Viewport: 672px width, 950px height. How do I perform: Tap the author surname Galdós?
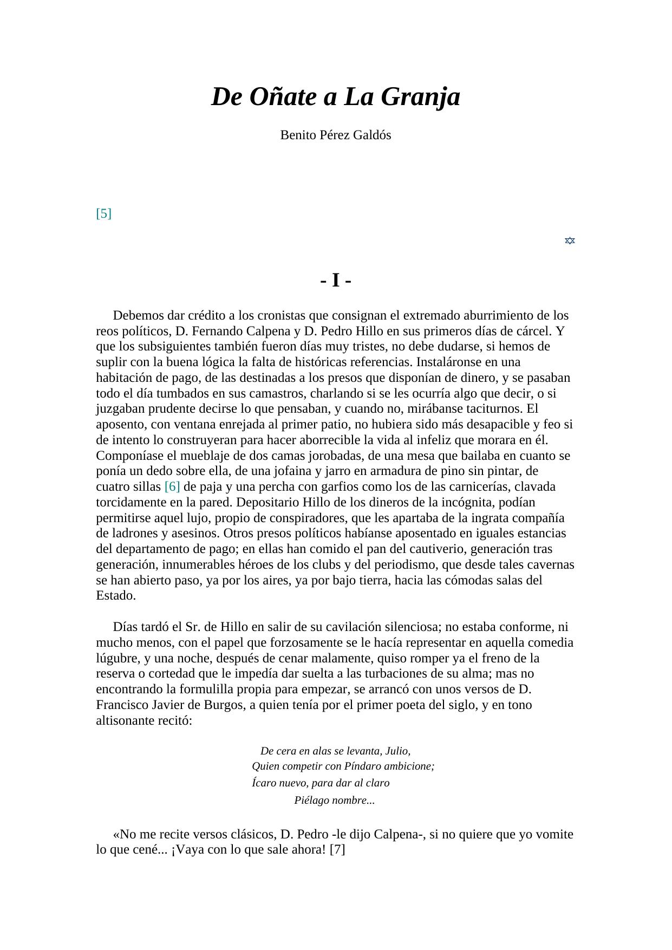click(x=371, y=135)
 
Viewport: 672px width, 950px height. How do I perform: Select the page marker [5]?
click(x=103, y=213)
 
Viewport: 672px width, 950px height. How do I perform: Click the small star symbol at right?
click(x=570, y=240)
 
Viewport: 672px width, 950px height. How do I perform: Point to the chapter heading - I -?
click(x=336, y=281)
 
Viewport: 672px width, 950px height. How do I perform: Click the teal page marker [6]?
click(x=172, y=486)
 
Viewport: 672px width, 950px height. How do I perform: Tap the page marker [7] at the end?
click(x=337, y=849)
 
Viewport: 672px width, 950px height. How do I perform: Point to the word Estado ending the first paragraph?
click(x=115, y=596)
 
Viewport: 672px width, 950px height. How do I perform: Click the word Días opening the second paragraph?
click(x=126, y=627)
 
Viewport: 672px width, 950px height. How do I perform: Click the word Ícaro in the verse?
click(x=265, y=783)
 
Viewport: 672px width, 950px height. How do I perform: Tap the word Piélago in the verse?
click(x=311, y=801)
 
